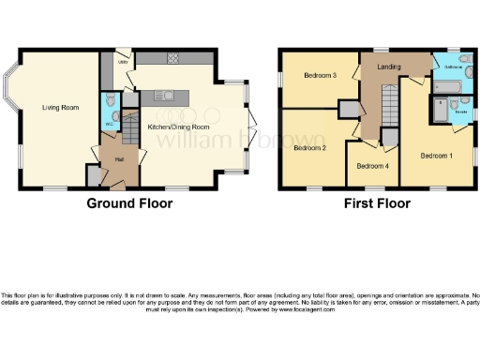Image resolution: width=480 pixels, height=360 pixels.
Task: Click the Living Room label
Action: coord(59,107)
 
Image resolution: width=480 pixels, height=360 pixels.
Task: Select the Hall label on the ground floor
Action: coord(120,158)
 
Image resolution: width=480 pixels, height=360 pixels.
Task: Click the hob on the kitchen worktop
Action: coord(172,60)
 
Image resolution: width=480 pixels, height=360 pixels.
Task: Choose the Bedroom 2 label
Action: coord(308,147)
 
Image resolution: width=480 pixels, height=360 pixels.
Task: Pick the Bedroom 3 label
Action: coord(319,76)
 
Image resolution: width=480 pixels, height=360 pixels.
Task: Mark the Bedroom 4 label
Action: coord(372,166)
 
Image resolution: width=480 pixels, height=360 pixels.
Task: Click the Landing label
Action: coord(389,67)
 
